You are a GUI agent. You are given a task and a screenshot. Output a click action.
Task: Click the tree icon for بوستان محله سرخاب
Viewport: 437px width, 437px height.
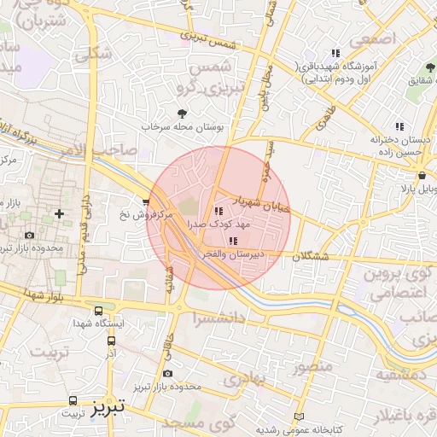(x=180, y=113)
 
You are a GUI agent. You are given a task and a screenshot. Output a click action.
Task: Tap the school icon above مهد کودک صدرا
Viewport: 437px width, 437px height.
(x=218, y=211)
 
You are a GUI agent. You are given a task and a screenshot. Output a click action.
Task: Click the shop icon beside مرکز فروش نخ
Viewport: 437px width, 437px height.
(x=147, y=202)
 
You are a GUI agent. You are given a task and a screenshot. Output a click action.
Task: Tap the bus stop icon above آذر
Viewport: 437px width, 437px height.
(x=111, y=340)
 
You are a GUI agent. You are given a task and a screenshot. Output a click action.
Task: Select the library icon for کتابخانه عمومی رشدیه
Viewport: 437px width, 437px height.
(x=298, y=416)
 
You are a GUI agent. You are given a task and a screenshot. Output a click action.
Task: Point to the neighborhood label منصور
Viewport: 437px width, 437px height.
(x=311, y=369)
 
